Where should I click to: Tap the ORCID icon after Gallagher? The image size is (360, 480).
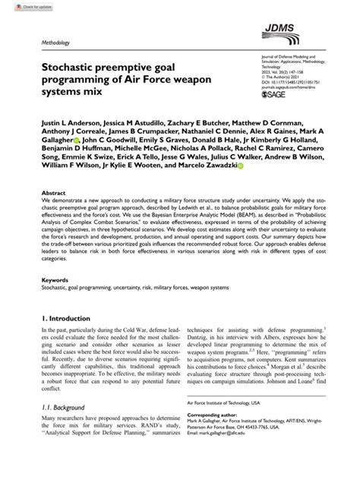tap(77, 141)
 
